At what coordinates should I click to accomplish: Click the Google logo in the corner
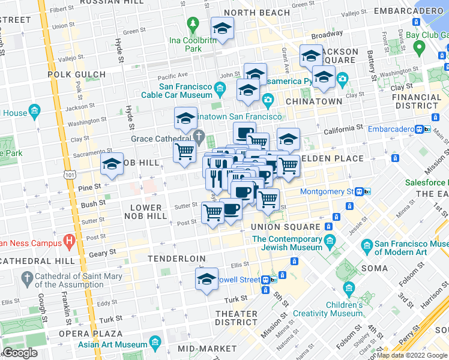20,353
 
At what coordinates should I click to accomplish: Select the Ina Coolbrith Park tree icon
193,25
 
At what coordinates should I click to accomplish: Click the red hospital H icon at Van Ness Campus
70,242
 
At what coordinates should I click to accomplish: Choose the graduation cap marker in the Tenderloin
207,279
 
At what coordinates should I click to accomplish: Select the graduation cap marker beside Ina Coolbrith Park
222,28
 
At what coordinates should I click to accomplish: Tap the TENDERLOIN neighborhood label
177,259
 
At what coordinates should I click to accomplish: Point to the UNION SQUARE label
285,227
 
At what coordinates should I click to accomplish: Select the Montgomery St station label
327,191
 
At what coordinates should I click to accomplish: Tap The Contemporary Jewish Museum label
288,243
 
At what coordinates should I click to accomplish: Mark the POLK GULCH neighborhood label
77,74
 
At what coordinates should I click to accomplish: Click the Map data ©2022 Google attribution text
412,355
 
